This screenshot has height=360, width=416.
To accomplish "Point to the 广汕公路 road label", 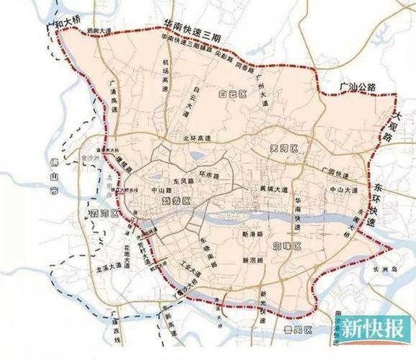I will [x=358, y=88].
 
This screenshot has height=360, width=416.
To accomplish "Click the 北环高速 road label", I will [x=194, y=138].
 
